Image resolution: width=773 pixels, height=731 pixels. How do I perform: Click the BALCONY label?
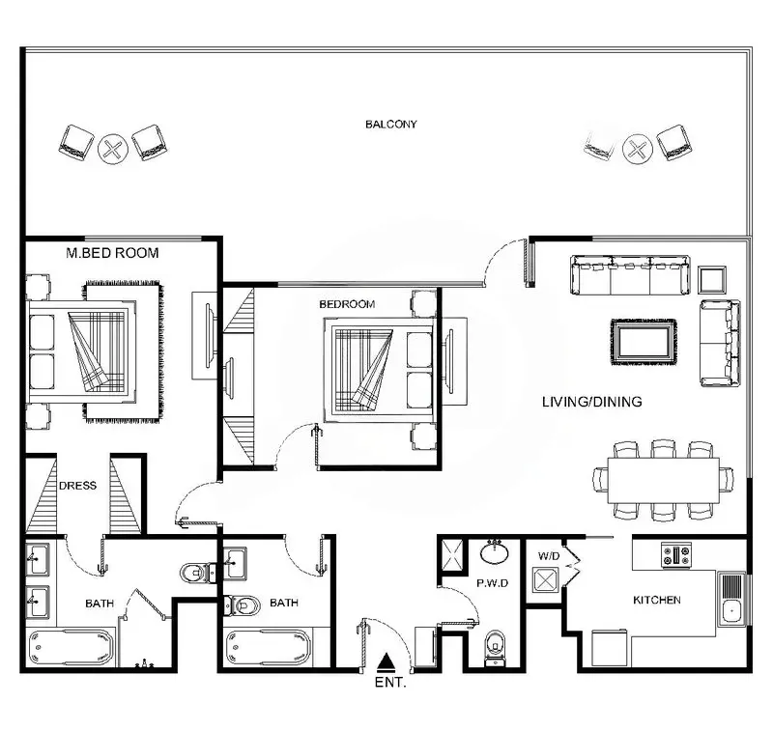(391, 125)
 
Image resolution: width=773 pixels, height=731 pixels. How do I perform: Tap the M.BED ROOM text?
(112, 253)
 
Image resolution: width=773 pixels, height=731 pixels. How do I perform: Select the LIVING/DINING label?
(592, 402)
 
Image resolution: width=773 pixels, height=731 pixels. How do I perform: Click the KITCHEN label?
(657, 600)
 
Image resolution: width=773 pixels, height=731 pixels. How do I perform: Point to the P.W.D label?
(492, 583)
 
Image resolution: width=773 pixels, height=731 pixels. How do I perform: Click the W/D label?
(549, 556)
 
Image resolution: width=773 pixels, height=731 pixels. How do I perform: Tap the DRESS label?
(77, 486)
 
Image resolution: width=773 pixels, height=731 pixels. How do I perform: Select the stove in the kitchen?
(676, 554)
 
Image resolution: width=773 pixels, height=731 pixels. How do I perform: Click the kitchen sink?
(732, 600)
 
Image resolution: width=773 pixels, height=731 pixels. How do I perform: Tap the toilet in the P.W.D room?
(495, 647)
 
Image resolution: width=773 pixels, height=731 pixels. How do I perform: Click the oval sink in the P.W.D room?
(494, 552)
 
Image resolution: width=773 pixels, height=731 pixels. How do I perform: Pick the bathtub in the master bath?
(71, 647)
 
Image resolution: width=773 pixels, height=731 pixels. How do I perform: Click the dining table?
(663, 480)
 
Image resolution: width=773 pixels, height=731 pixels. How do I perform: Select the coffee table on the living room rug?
(644, 342)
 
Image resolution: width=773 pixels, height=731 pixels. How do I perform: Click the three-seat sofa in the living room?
(630, 275)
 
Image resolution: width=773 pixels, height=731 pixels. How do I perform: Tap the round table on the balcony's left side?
(113, 149)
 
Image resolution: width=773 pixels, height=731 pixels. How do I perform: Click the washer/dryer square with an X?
(545, 578)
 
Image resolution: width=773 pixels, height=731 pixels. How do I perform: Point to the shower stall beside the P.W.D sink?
(452, 554)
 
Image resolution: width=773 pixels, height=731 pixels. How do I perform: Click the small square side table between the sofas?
(712, 280)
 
